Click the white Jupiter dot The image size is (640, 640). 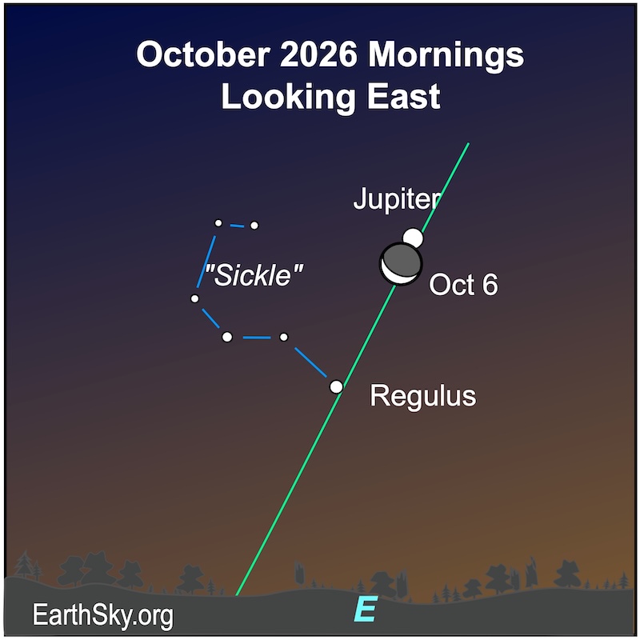pos(412,238)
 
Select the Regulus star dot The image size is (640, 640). pos(337,386)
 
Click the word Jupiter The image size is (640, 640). pos(397,200)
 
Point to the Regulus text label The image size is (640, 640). pos(422,395)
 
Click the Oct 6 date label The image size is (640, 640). pos(463,285)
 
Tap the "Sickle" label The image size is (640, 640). pos(254,276)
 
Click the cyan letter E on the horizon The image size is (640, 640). pos(366,610)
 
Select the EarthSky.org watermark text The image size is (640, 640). pos(102,615)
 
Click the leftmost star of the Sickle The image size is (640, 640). pos(194,298)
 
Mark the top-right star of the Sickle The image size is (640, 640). pos(254,226)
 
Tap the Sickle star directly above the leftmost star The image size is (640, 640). pos(218,223)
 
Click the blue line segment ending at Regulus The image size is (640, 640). pos(311,362)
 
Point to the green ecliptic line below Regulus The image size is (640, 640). pos(288,488)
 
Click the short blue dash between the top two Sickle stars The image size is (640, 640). pos(236,225)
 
